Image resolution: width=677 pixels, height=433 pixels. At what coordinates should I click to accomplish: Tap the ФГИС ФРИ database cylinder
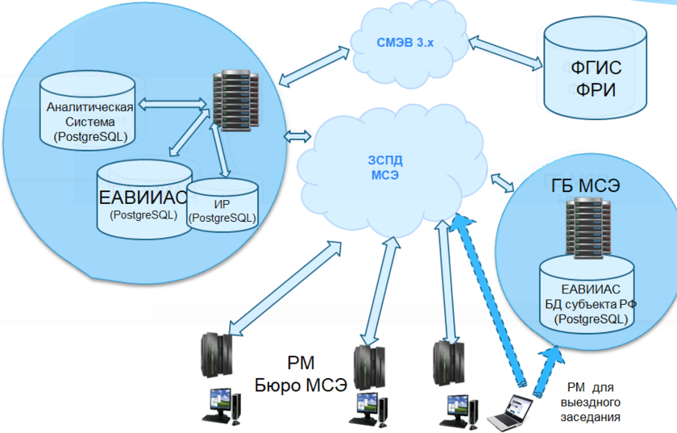pyautogui.click(x=596, y=69)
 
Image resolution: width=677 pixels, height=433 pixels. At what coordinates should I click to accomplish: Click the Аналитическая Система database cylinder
pyautogui.click(x=89, y=110)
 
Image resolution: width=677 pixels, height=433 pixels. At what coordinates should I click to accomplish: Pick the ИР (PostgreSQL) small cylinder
pyautogui.click(x=222, y=206)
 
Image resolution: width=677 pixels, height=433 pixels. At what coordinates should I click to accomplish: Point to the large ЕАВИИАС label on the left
pyautogui.click(x=143, y=198)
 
